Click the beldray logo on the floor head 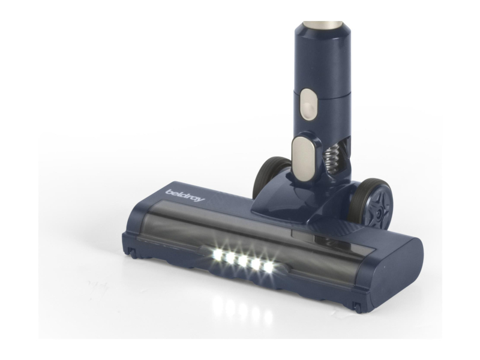pyautogui.click(x=185, y=196)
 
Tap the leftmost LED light pyautogui.click(x=218, y=254)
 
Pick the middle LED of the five pyautogui.click(x=242, y=260)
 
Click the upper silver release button pyautogui.click(x=308, y=104)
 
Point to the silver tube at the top pyautogui.click(x=322, y=25)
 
